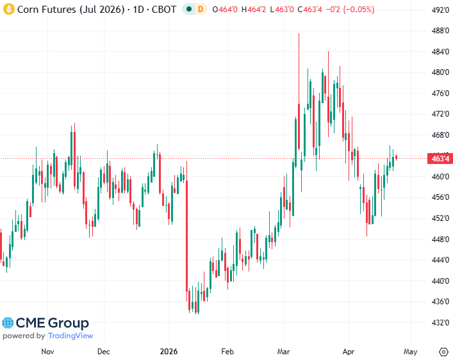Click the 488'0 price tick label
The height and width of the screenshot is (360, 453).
click(x=439, y=31)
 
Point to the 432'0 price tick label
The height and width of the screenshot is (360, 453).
click(x=439, y=322)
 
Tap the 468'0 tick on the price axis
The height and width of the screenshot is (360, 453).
click(x=439, y=135)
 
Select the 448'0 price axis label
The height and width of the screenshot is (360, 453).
click(x=439, y=240)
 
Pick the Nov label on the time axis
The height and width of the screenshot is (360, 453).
click(x=47, y=352)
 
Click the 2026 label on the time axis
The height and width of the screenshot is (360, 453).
click(x=168, y=352)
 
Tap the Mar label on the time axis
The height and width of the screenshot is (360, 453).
click(x=284, y=352)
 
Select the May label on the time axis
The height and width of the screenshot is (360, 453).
click(x=411, y=352)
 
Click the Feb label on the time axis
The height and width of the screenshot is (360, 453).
click(x=227, y=352)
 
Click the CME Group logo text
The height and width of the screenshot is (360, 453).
click(x=52, y=323)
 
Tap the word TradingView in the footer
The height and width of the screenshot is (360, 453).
click(x=70, y=336)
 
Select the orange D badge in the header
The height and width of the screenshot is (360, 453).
click(x=200, y=10)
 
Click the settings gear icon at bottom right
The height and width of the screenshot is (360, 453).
click(x=443, y=352)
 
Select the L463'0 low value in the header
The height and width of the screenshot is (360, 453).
click(x=282, y=10)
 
